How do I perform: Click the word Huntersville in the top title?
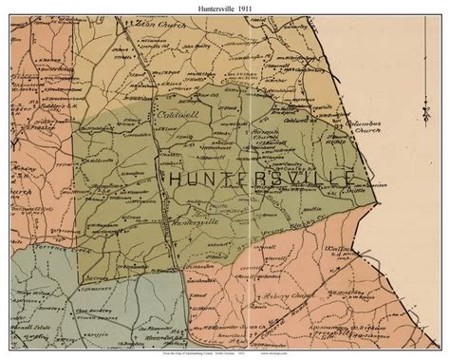tap(206, 7)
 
